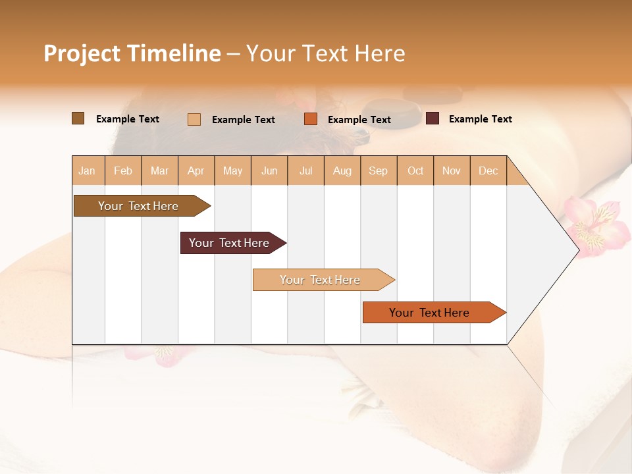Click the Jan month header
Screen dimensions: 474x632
coord(87,171)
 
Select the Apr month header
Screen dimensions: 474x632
coord(196,171)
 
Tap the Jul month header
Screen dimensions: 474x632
coord(305,171)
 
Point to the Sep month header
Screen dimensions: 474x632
coord(378,171)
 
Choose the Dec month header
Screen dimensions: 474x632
coord(488,171)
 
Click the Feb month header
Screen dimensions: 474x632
coord(123,171)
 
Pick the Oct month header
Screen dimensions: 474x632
coord(415,171)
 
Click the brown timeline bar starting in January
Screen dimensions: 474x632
coord(139,206)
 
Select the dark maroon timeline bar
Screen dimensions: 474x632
coord(230,243)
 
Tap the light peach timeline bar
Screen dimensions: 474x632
coord(321,280)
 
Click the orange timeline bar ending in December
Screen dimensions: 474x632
coord(430,313)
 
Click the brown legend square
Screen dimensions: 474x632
coord(78,118)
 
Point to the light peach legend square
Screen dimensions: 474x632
coord(194,119)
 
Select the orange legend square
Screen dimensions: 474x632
coord(311,119)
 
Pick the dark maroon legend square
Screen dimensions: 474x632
coord(433,118)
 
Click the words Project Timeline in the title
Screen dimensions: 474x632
coord(132,53)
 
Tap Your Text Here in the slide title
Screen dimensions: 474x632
coord(325,53)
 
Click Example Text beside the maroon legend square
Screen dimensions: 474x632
coord(480,119)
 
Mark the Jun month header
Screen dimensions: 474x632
coord(269,171)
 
